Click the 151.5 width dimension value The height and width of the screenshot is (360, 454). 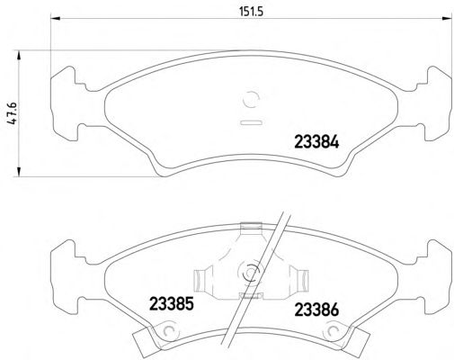pyautogui.click(x=251, y=12)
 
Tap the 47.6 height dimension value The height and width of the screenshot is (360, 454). pyautogui.click(x=13, y=113)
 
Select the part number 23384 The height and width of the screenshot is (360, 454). pyautogui.click(x=316, y=141)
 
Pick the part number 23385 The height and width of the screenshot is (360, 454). pyautogui.click(x=172, y=303)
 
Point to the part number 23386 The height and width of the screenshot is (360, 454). pyautogui.click(x=316, y=310)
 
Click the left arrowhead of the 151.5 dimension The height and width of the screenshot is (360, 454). pyautogui.click(x=56, y=19)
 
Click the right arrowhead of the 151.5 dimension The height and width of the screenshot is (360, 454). pyautogui.click(x=447, y=19)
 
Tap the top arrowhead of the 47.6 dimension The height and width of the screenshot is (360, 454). pyautogui.click(x=19, y=55)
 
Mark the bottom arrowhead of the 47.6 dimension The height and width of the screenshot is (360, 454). pyautogui.click(x=19, y=172)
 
